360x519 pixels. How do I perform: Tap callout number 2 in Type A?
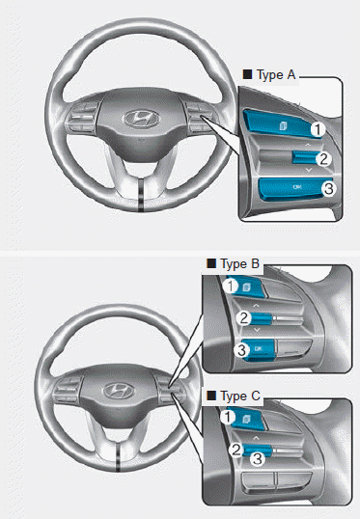(324, 159)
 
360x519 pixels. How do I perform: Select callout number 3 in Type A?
(328, 189)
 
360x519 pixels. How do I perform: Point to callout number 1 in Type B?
(230, 286)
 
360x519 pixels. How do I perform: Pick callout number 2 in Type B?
(244, 317)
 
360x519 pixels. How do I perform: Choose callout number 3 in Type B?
(244, 349)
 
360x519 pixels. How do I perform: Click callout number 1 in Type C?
(228, 418)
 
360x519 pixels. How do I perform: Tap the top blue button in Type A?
(279, 121)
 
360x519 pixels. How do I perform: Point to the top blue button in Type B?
(250, 287)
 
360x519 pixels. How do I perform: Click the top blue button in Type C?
(250, 420)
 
